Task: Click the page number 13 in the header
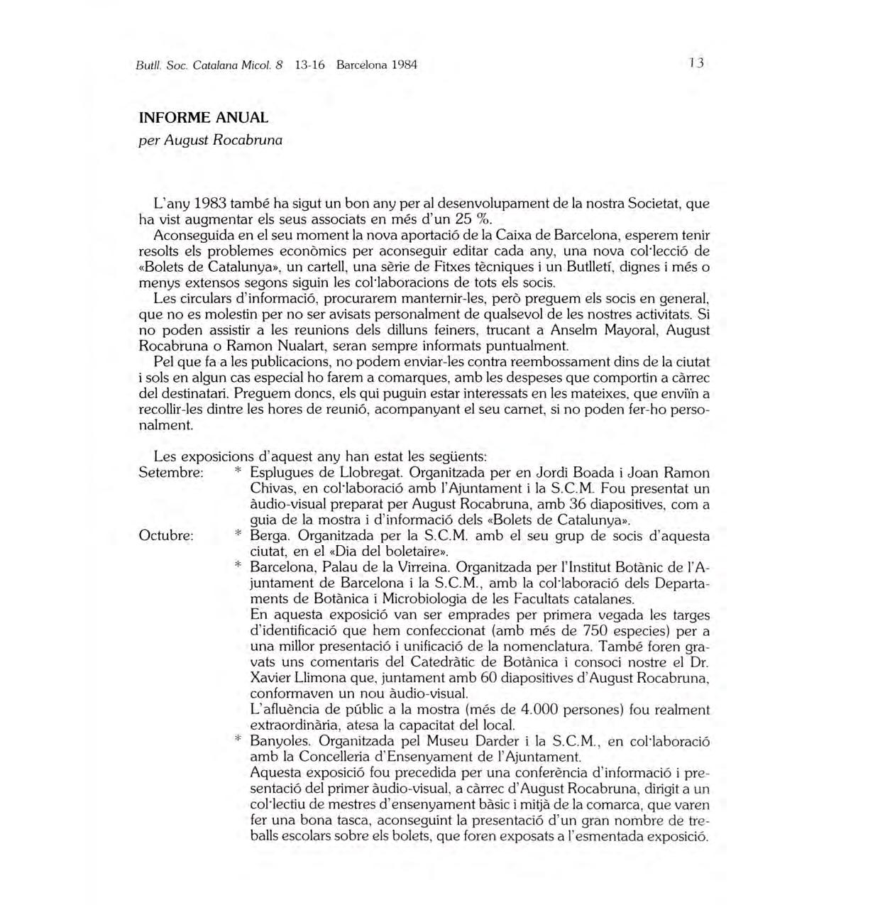[696, 63]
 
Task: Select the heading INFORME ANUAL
[204, 118]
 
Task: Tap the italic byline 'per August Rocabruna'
[211, 140]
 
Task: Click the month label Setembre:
[172, 473]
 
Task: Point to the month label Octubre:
[166, 536]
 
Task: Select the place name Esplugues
[282, 473]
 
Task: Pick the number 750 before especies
[595, 631]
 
